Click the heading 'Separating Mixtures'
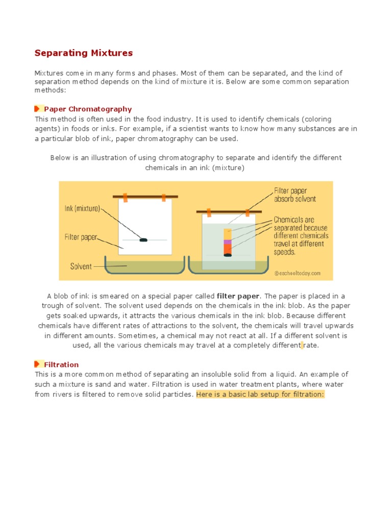point(83,53)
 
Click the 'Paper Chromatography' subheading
point(88,109)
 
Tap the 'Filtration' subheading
point(61,364)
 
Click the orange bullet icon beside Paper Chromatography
point(37,109)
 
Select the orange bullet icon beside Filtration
point(37,364)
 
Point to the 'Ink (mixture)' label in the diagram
point(82,208)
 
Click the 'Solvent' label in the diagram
point(81,266)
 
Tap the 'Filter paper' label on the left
point(81,237)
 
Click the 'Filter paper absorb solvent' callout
point(295,194)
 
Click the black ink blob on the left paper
point(143,240)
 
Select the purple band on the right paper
point(228,242)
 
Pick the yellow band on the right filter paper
point(228,233)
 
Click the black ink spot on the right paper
point(228,255)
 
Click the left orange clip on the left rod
point(126,197)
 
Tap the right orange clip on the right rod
point(248,211)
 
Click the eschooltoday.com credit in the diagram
point(298,273)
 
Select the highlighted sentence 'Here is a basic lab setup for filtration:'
point(260,394)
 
